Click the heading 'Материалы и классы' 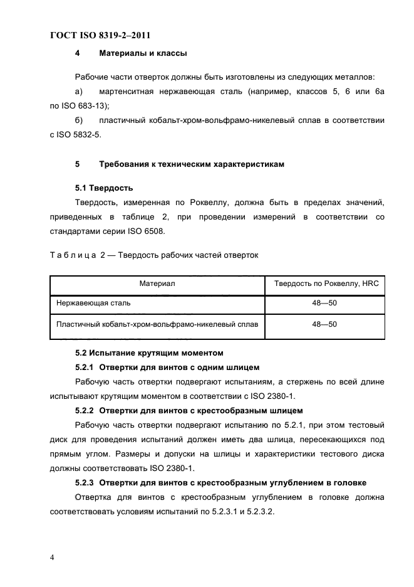coord(143,54)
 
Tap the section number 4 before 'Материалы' coord(77,54)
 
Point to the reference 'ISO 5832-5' coord(88,134)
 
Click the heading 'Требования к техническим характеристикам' coord(192,164)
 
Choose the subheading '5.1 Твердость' coord(103,188)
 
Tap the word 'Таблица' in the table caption coord(73,255)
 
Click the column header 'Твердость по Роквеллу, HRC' coord(324,284)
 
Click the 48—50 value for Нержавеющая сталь coord(324,303)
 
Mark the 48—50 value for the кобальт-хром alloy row coord(324,324)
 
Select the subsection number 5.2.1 coord(86,368)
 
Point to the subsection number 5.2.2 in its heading coord(86,411)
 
